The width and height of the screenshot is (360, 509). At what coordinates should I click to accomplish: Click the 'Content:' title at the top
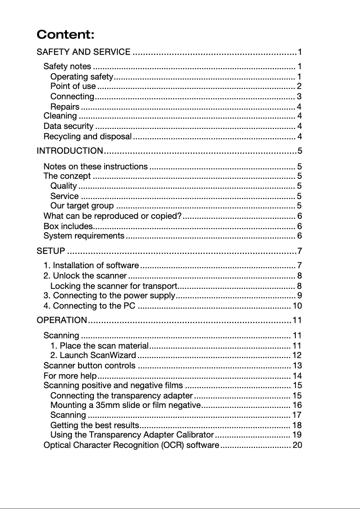click(66, 35)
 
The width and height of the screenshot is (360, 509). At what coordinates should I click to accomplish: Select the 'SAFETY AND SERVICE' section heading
click(83, 52)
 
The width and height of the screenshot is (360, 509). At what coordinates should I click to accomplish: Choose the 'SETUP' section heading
click(51, 250)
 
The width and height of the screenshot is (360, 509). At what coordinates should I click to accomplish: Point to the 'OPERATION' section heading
click(61, 320)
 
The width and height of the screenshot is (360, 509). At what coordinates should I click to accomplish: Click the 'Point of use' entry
click(73, 86)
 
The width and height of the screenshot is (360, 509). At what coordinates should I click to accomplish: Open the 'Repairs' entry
click(65, 106)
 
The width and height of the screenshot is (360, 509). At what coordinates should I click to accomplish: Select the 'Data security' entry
click(68, 126)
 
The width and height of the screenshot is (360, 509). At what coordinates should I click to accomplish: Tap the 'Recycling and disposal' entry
click(88, 136)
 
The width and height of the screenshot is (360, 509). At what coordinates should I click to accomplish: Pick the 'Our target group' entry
click(82, 206)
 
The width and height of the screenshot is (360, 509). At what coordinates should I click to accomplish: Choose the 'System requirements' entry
click(84, 235)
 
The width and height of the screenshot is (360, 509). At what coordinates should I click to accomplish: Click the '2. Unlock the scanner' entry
click(85, 275)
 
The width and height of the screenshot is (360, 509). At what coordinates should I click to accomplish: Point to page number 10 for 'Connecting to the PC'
click(297, 306)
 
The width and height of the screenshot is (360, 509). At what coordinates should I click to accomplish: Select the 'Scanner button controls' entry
click(89, 365)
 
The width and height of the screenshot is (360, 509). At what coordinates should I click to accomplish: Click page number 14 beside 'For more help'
click(297, 376)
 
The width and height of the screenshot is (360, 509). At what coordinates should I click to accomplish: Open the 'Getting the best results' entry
click(94, 425)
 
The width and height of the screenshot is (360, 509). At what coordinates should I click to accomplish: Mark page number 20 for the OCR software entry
click(297, 445)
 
